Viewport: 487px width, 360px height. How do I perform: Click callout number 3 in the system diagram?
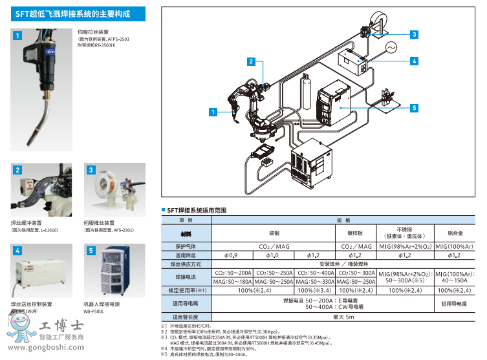tap(414, 35)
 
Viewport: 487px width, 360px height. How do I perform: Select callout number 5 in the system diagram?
tap(414, 108)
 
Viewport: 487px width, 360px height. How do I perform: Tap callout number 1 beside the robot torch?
tap(212, 112)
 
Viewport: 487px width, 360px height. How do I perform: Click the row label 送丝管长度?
tap(186, 317)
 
